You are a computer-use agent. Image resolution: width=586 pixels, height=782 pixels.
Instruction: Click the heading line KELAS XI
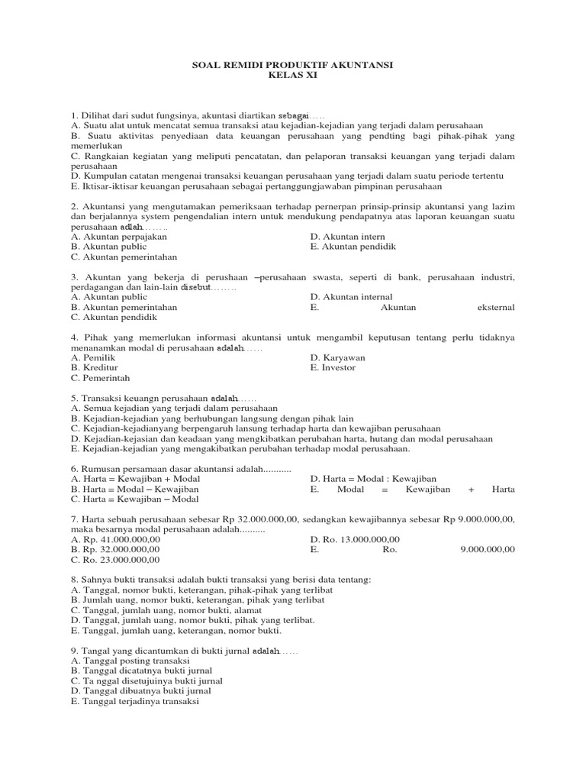(x=293, y=76)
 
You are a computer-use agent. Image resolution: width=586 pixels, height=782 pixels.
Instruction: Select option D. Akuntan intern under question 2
(x=348, y=237)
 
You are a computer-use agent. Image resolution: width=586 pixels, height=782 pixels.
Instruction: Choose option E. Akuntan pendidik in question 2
(x=353, y=247)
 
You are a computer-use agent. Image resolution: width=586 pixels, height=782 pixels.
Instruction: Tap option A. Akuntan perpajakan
(x=114, y=237)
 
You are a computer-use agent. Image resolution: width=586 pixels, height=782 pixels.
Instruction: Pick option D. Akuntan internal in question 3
(x=352, y=297)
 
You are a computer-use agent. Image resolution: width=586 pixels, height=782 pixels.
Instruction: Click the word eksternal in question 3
(x=494, y=307)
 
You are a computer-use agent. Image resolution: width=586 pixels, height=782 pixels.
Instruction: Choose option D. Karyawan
(x=338, y=357)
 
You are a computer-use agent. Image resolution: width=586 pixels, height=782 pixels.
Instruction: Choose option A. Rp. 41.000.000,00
(x=115, y=538)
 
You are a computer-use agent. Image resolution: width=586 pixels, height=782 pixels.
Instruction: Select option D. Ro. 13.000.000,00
(x=355, y=538)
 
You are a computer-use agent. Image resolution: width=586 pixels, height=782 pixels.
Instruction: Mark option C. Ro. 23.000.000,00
(x=115, y=559)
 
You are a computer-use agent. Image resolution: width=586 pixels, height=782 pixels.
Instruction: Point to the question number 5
(x=74, y=398)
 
